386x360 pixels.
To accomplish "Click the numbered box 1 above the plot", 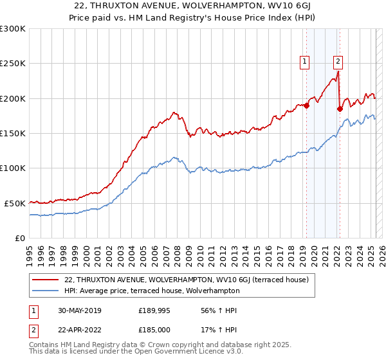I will coord(304,62).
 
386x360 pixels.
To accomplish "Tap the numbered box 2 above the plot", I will coord(338,62).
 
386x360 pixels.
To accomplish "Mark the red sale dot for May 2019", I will coord(306,106).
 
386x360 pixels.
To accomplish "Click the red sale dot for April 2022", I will coord(339,109).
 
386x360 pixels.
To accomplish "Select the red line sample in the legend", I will coord(45,280).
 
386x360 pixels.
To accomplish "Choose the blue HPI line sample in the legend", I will coord(45,291).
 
